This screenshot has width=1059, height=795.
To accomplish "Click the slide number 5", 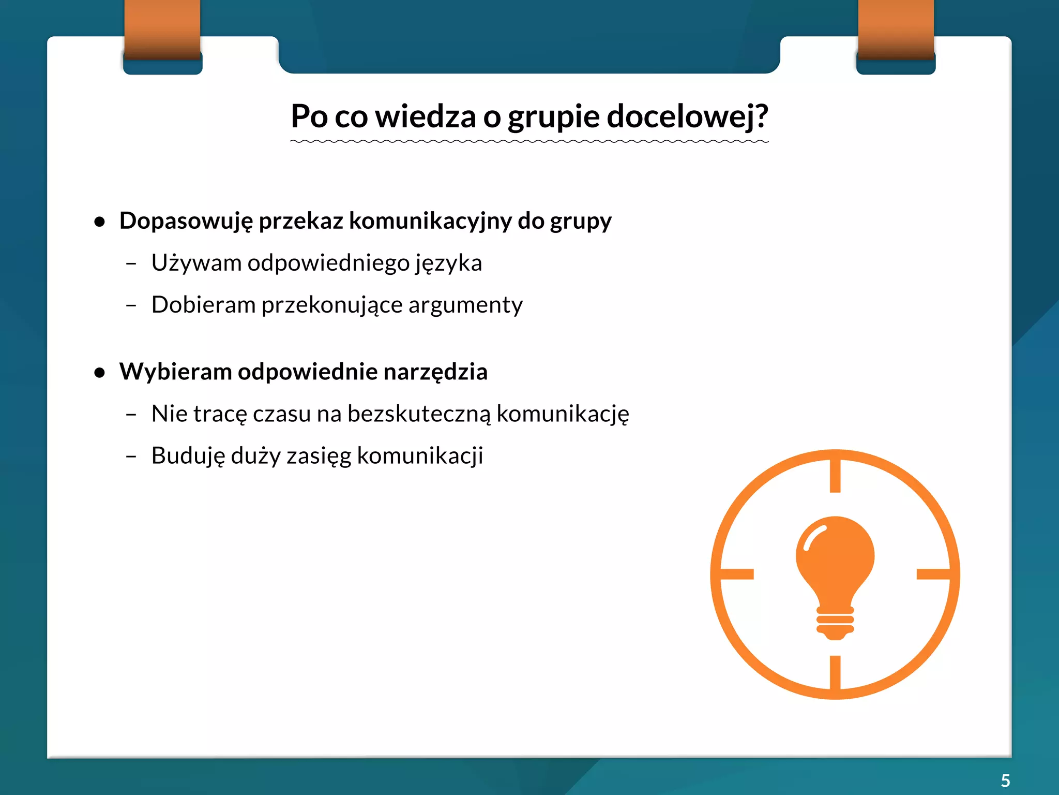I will click(1005, 780).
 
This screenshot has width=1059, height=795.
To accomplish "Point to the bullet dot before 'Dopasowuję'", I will click(100, 222).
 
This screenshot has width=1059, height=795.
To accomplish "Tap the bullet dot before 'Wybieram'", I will click(100, 373).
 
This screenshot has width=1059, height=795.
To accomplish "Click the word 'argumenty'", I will click(465, 305).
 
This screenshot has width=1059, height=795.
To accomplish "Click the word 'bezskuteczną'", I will click(418, 414).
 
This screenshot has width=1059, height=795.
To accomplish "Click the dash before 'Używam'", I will click(131, 264).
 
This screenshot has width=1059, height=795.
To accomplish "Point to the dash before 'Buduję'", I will click(131, 457).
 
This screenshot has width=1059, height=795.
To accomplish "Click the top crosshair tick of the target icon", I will click(835, 474).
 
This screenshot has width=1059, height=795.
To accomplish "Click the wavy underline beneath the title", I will click(529, 141).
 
